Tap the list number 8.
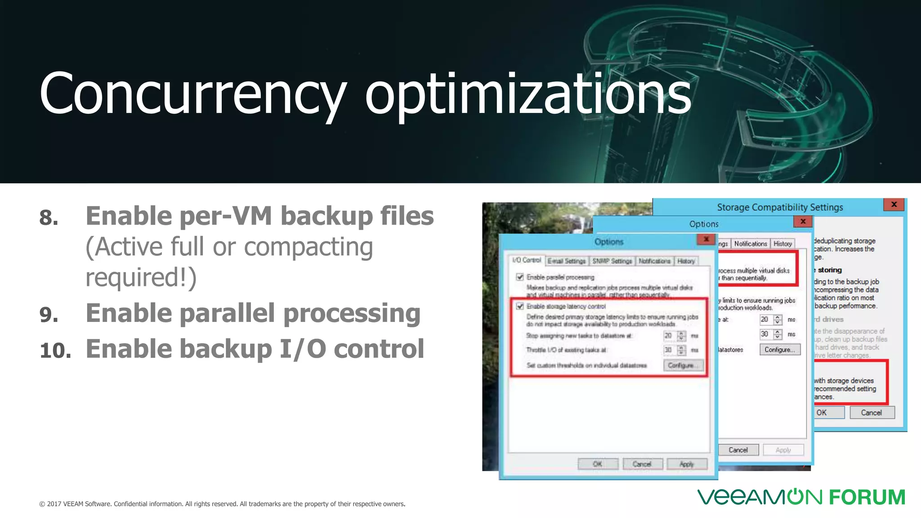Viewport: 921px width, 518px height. click(49, 218)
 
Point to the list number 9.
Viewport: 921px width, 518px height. click(49, 314)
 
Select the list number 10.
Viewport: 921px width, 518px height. click(55, 350)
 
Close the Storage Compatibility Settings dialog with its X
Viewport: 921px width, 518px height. click(894, 205)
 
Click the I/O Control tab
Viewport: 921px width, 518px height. click(527, 260)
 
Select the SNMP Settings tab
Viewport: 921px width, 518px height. click(612, 261)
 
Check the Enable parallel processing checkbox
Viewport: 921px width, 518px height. click(520, 277)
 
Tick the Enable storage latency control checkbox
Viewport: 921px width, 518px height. click(520, 306)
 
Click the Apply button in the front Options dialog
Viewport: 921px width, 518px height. click(687, 464)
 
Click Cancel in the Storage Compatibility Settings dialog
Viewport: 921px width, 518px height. click(872, 412)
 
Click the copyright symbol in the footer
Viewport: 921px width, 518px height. click(42, 504)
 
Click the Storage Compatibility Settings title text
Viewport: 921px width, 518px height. click(780, 207)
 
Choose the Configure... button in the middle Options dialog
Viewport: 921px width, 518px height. click(780, 349)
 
